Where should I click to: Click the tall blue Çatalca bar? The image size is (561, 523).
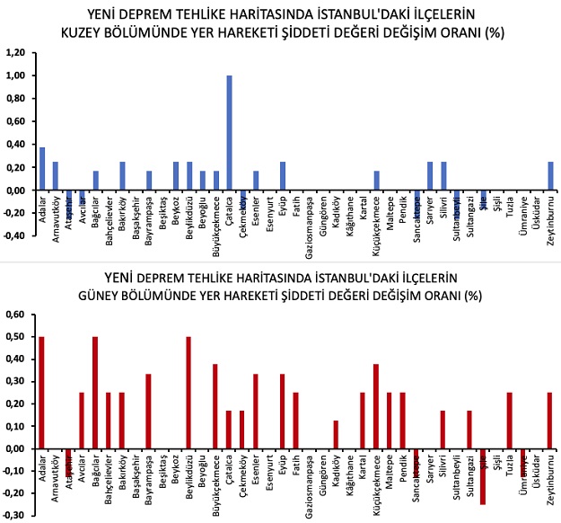229,133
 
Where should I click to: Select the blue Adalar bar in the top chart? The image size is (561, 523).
42,169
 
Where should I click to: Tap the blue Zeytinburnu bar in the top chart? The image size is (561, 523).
549,176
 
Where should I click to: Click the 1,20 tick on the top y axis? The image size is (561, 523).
16,53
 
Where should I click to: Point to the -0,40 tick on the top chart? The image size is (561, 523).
15,236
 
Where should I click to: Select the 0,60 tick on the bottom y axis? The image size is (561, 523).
16,315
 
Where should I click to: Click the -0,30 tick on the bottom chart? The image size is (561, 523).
15,515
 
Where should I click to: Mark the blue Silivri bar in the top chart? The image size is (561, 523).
443,176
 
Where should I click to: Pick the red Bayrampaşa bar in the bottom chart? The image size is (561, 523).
148,412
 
